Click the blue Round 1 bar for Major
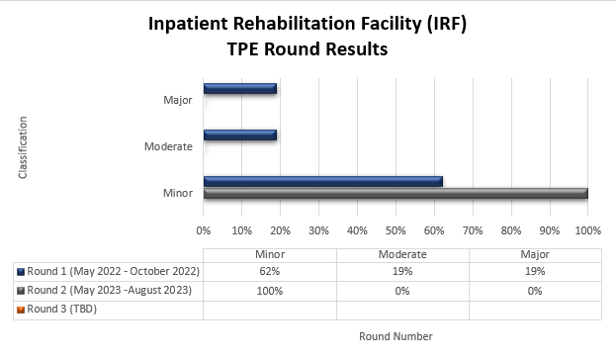pos(239,89)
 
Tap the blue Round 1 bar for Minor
pos(322,181)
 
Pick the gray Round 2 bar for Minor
pos(396,192)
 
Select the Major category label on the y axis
pos(178,100)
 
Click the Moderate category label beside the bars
pos(168,146)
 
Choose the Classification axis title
pos(22,147)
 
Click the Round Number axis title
pos(396,336)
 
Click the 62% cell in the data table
pos(269,271)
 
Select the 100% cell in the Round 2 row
pos(269,291)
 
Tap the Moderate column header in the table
pos(402,254)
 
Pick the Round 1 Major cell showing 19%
pos(535,271)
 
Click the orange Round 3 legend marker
pos(20,310)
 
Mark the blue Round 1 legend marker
pos(20,271)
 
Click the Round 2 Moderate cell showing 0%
pos(402,291)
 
